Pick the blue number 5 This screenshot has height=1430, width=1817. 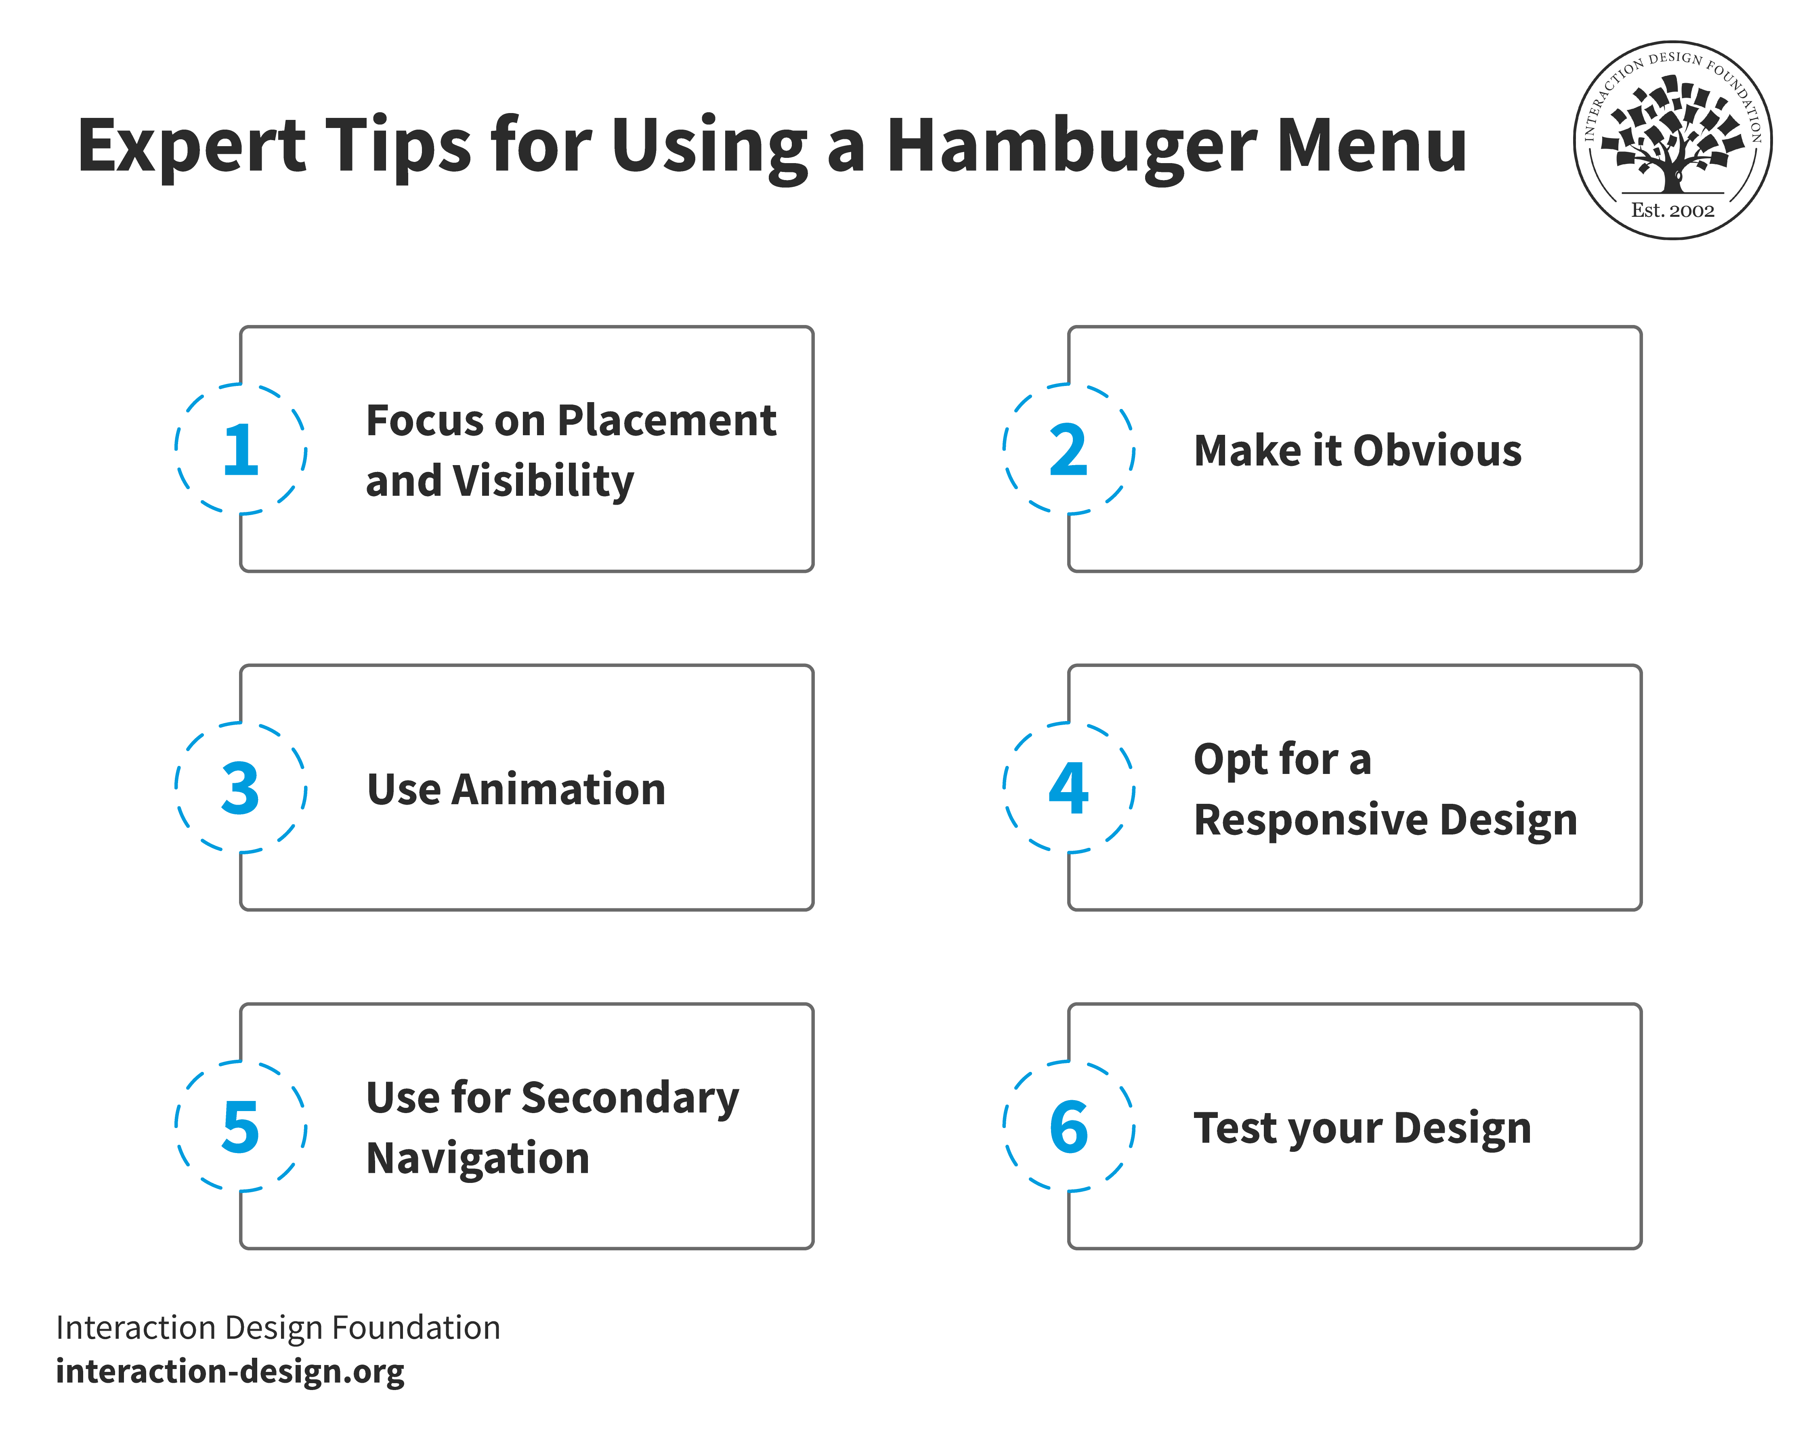point(240,1127)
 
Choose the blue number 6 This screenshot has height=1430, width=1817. point(1068,1127)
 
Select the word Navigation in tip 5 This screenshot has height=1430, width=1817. point(477,1159)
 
